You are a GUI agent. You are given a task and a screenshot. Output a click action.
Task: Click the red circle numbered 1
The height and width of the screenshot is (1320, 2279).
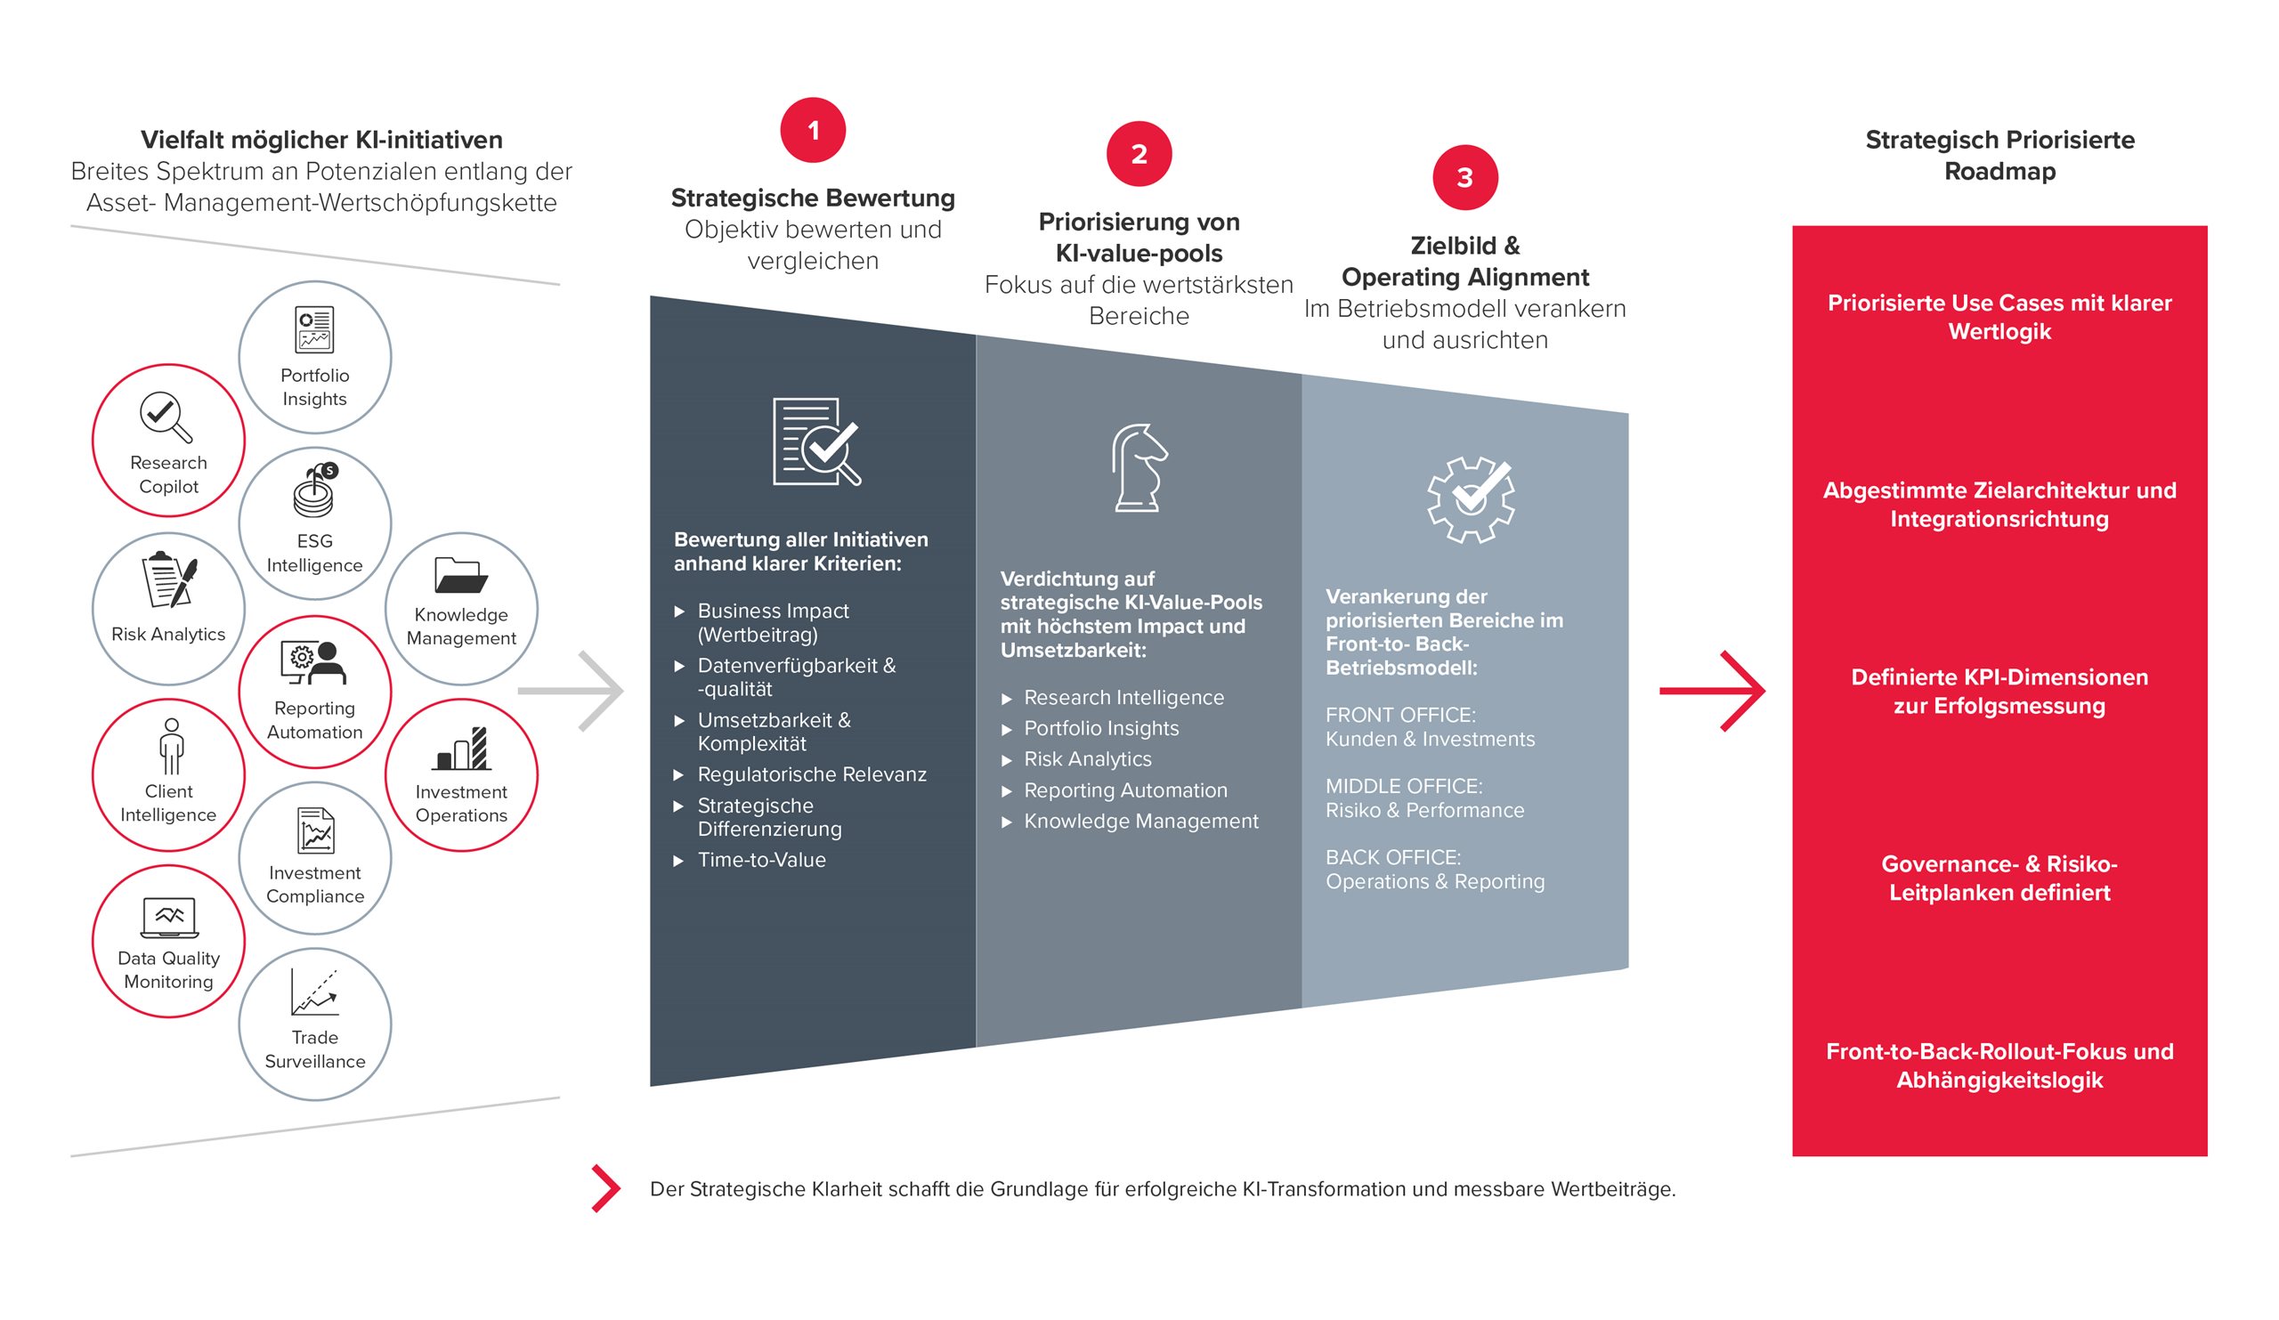813,130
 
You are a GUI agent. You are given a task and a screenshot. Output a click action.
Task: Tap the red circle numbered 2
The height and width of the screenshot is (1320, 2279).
1139,154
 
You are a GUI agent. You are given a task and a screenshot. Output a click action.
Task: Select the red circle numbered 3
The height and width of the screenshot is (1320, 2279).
1465,177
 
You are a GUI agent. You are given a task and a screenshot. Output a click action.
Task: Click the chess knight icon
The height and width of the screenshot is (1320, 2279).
1139,467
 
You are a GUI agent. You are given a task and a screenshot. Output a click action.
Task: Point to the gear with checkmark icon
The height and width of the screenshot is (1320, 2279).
1471,499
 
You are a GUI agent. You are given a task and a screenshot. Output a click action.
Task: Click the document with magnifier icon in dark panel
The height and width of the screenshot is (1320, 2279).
816,441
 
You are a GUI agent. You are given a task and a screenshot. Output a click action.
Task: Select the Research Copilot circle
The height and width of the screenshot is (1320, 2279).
168,441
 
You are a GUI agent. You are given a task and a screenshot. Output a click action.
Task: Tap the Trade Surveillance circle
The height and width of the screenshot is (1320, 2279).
315,1024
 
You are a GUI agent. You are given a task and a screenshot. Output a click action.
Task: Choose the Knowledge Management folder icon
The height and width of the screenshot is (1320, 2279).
461,574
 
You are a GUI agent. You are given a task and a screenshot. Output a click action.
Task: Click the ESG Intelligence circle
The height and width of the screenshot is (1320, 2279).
315,523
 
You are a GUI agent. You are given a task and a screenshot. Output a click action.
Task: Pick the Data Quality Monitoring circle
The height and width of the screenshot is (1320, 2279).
168,941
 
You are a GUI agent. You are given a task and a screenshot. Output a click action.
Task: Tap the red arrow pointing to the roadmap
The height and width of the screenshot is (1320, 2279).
1712,691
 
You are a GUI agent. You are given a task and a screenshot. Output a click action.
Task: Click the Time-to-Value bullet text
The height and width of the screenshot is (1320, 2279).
761,860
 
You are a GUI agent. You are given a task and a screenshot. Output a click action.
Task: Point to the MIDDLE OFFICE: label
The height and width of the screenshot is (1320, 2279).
1404,786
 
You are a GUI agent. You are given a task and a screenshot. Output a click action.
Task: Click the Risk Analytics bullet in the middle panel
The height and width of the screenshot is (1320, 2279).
1088,759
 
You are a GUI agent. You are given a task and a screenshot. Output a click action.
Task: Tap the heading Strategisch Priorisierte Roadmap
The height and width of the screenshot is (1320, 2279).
1999,156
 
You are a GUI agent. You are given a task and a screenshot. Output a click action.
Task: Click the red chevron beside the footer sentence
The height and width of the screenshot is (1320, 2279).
606,1188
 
